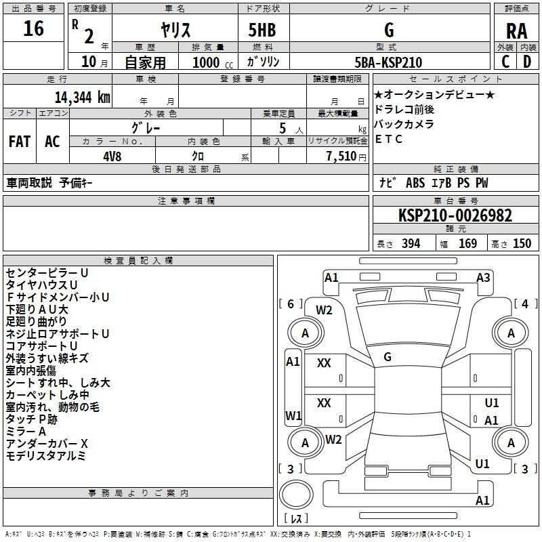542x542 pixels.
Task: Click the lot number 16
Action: pyautogui.click(x=33, y=28)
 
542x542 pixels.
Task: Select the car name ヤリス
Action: pyautogui.click(x=175, y=30)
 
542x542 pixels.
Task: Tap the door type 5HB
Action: pyautogui.click(x=262, y=30)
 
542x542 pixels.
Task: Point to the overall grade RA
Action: pyautogui.click(x=516, y=31)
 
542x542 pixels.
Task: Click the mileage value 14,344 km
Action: pyautogui.click(x=82, y=97)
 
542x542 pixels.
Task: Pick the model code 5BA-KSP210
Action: pyautogui.click(x=388, y=62)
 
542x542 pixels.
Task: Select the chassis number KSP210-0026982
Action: pyautogui.click(x=455, y=215)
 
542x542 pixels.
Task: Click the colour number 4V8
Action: pyautogui.click(x=112, y=157)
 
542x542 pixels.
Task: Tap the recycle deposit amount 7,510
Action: pyautogui.click(x=341, y=157)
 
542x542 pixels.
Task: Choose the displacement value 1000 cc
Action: pyautogui.click(x=213, y=62)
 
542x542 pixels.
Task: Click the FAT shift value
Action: pyautogui.click(x=20, y=142)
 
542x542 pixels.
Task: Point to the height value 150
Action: pyautogui.click(x=522, y=244)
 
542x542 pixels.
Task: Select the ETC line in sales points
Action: pyautogui.click(x=388, y=139)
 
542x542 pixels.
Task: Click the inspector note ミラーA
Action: pyautogui.click(x=26, y=432)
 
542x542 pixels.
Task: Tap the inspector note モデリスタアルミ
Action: pyautogui.click(x=45, y=455)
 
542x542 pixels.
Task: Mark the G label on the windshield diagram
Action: pyautogui.click(x=388, y=357)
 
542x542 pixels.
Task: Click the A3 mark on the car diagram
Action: pyautogui.click(x=483, y=278)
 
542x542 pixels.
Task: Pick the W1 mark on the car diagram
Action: pyautogui.click(x=293, y=415)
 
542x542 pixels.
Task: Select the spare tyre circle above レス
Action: pyautogui.click(x=296, y=495)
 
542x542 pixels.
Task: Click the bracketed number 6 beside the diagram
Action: pyautogui.click(x=291, y=304)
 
